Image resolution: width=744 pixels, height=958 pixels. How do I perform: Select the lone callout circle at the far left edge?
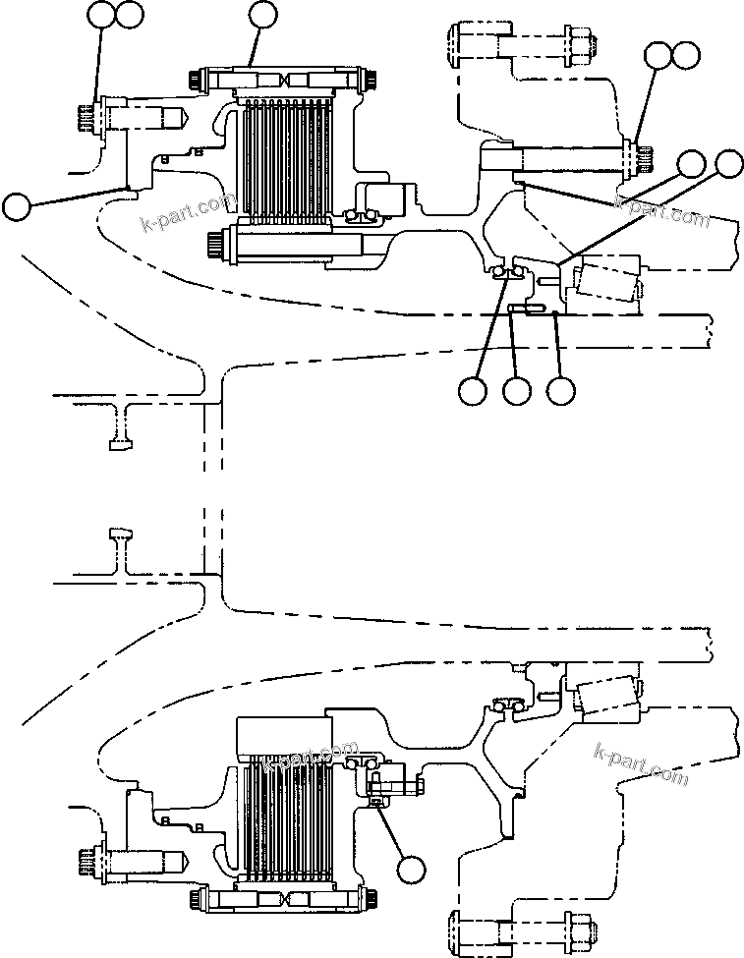[17, 206]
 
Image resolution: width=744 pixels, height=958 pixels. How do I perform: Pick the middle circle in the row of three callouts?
[517, 391]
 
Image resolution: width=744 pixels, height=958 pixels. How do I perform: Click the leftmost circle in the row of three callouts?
[473, 391]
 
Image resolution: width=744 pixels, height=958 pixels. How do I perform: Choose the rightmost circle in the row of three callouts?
[561, 391]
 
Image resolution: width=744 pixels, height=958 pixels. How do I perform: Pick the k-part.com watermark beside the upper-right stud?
[660, 208]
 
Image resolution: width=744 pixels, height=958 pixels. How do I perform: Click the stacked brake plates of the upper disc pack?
[285, 156]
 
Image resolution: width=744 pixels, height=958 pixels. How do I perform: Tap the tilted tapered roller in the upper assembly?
[605, 278]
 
